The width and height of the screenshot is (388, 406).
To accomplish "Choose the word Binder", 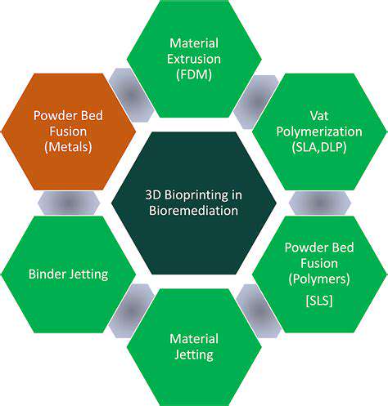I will click(x=46, y=274).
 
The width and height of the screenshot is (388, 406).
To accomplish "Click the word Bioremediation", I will click(x=195, y=212).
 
